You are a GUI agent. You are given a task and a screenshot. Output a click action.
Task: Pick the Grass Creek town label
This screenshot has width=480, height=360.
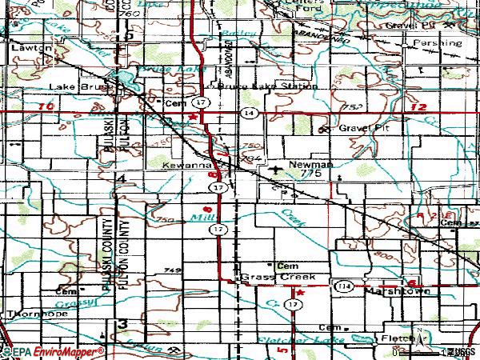coord(278,277)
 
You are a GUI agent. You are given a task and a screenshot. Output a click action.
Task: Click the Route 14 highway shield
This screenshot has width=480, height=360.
coord(251,114)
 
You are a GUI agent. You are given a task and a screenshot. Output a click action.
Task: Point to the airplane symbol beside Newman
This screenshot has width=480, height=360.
coord(277,169)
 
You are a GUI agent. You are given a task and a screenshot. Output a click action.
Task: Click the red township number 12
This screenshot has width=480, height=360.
coord(417,107)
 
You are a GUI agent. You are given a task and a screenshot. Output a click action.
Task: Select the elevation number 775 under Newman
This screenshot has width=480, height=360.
coord(311,173)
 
